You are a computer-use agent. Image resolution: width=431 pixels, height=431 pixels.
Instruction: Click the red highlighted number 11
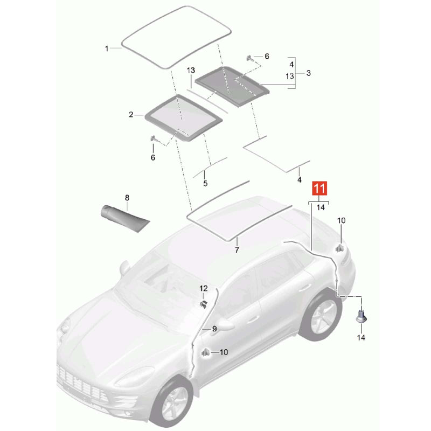pyautogui.click(x=319, y=188)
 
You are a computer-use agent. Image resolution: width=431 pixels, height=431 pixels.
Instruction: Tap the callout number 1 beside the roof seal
pyautogui.click(x=107, y=48)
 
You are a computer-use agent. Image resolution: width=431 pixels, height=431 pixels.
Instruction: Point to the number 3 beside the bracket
pyautogui.click(x=308, y=73)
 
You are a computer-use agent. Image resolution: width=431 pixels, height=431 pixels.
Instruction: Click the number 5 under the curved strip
pyautogui.click(x=205, y=183)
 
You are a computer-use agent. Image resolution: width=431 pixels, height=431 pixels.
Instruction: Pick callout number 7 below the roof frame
pyautogui.click(x=237, y=250)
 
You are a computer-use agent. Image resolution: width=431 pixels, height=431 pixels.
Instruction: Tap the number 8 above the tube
pyautogui.click(x=127, y=198)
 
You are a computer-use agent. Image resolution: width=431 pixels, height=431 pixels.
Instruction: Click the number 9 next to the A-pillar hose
pyautogui.click(x=214, y=329)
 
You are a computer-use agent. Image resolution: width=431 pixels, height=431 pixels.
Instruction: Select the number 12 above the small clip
pyautogui.click(x=204, y=288)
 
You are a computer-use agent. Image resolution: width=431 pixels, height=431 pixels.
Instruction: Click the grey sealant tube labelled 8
pyautogui.click(x=124, y=219)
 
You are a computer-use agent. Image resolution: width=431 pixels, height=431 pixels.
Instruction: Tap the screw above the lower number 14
pyautogui.click(x=361, y=317)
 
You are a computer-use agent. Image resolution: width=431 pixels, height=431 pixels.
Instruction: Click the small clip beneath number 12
pyautogui.click(x=204, y=304)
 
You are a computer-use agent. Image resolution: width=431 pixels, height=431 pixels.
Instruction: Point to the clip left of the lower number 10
pyautogui.click(x=206, y=352)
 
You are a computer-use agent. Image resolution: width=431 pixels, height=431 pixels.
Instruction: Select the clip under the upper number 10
pyautogui.click(x=340, y=248)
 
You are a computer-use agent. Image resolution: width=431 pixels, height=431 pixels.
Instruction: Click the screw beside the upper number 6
pyautogui.click(x=250, y=58)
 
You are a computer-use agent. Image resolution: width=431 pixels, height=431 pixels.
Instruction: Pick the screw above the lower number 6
pyautogui.click(x=153, y=138)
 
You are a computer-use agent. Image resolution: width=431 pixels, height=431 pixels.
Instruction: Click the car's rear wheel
pyautogui.click(x=322, y=315)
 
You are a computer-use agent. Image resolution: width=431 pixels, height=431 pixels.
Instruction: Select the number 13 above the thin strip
pyautogui.click(x=191, y=71)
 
